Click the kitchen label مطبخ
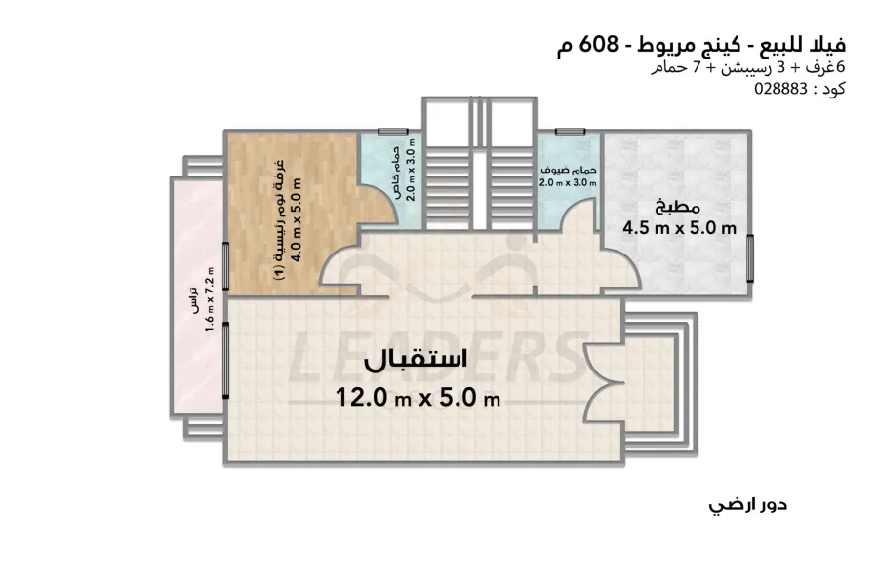point(678,207)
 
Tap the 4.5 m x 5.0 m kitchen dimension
point(679,228)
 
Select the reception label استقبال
point(416,360)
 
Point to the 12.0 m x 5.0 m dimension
point(418,398)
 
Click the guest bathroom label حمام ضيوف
point(568,171)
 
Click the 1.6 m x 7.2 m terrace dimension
point(210,299)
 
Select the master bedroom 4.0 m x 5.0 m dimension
point(297,220)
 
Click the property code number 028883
point(780,89)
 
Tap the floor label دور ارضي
point(748,505)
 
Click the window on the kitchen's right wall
point(750,258)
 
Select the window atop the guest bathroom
point(570,132)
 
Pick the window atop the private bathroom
point(393,132)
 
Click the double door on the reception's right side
point(604,381)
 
